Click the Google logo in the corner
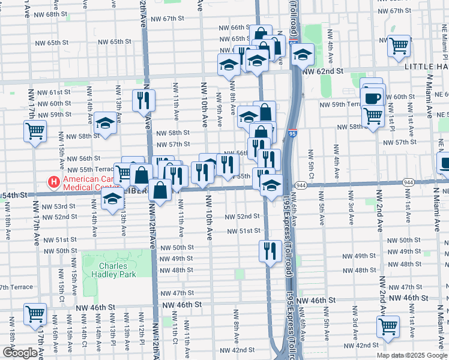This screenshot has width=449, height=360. pyautogui.click(x=20, y=353)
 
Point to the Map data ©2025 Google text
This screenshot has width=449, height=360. pyautogui.click(x=412, y=355)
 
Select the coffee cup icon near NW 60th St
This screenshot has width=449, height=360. pyautogui.click(x=372, y=98)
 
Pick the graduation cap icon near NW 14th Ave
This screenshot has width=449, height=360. pyautogui.click(x=106, y=123)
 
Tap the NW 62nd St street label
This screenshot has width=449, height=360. pyautogui.click(x=322, y=71)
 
